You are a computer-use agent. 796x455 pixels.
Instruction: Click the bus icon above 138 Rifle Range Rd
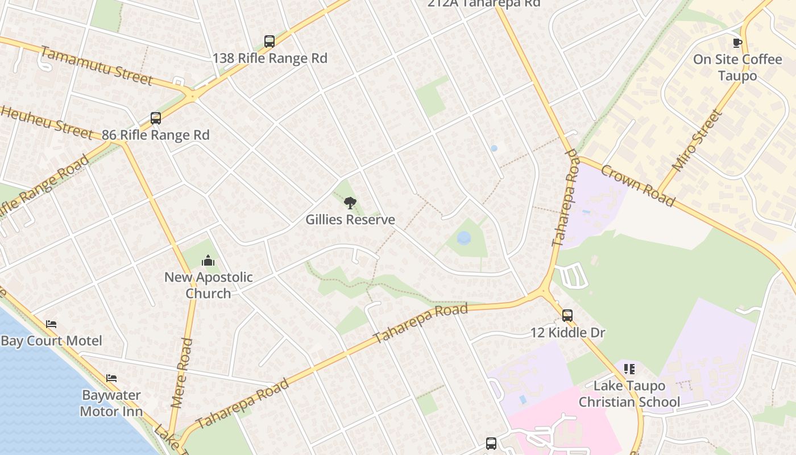click(x=270, y=42)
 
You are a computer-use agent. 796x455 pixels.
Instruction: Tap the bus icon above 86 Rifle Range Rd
click(x=156, y=118)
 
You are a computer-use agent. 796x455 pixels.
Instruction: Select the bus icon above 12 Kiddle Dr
click(x=567, y=316)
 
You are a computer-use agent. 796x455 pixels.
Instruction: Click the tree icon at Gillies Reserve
click(x=350, y=202)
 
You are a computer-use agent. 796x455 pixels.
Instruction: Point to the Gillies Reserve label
click(x=350, y=220)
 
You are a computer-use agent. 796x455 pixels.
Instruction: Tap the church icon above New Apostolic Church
click(x=208, y=260)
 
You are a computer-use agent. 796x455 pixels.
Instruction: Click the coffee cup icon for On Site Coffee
click(x=737, y=43)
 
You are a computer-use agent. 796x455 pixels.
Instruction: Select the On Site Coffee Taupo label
click(x=737, y=67)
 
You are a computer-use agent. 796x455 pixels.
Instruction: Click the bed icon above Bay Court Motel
click(x=51, y=324)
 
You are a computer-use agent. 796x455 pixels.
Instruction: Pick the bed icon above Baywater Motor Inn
click(x=111, y=378)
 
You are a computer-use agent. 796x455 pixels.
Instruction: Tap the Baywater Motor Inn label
click(x=111, y=403)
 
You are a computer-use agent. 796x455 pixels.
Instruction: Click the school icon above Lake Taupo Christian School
click(x=629, y=369)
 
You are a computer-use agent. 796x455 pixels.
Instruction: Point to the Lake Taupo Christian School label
click(x=629, y=394)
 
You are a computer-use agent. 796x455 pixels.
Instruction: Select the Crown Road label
click(x=638, y=186)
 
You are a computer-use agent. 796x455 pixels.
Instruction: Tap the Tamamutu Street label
click(x=96, y=65)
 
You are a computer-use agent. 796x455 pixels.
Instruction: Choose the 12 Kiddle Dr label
click(x=567, y=333)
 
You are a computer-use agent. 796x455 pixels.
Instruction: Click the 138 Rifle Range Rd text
click(x=270, y=58)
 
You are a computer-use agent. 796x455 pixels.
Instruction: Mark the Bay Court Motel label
click(x=52, y=341)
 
